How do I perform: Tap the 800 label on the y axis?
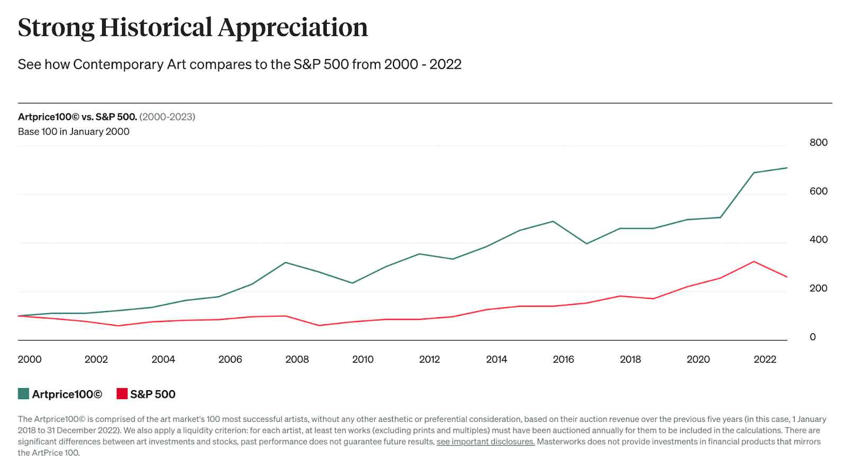tap(818, 143)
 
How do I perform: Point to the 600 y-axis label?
tap(818, 191)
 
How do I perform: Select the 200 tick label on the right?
tap(818, 288)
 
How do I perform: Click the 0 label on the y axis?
tap(813, 337)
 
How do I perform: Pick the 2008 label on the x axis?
tap(297, 360)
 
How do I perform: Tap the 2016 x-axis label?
tap(563, 360)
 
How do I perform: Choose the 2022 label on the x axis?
tap(765, 360)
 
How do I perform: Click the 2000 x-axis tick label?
tap(30, 360)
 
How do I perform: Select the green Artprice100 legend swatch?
tap(23, 394)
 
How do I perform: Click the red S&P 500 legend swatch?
tap(122, 394)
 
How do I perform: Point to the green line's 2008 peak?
tap(286, 262)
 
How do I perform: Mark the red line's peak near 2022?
tap(753, 261)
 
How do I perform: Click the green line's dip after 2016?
tap(586, 243)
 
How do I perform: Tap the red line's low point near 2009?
tap(319, 325)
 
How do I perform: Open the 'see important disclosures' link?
tap(485, 442)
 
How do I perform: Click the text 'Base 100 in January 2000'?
tap(73, 131)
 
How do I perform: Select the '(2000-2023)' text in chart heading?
tap(167, 117)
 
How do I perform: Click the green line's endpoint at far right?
tap(786, 168)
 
